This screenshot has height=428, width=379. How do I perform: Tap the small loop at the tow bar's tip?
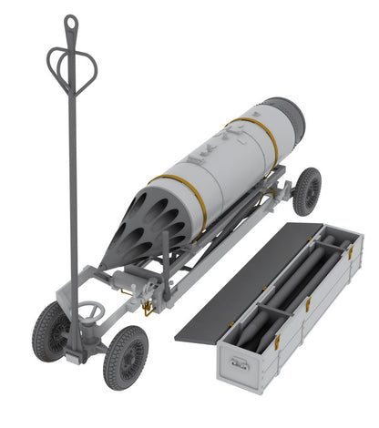(x=70, y=19)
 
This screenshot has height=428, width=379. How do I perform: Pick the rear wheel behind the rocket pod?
(x=308, y=192)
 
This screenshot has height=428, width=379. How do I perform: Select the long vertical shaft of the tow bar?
(x=72, y=182)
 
